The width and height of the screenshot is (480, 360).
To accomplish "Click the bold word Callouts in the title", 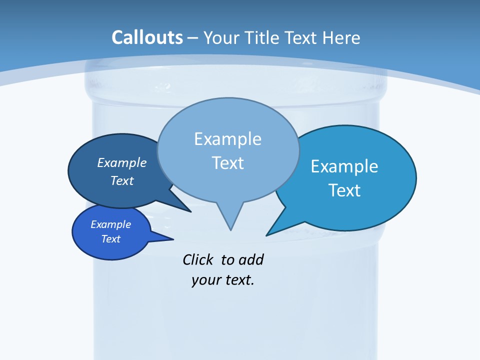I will point(147,37).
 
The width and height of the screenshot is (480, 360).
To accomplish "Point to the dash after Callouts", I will point(192,38).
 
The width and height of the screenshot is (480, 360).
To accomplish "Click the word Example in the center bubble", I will point(227,139).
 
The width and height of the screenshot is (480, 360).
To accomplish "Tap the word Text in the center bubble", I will point(227,163).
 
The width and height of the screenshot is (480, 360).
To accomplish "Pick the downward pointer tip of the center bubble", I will point(230,229).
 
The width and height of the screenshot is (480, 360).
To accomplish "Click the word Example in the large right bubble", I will point(344,166).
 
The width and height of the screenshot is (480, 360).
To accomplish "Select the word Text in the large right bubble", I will point(344,190).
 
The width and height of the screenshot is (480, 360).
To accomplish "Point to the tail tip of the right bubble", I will point(267,235).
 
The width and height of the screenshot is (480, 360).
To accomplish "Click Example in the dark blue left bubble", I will point(122,162).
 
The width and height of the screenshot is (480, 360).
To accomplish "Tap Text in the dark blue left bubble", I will point(122,180).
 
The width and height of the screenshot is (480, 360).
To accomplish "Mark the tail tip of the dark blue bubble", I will point(190,211).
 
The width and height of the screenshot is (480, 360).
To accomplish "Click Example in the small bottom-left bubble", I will point(110,224).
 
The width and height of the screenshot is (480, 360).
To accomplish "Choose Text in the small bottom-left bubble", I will point(110,239).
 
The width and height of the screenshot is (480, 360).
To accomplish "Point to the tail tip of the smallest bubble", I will point(173,239).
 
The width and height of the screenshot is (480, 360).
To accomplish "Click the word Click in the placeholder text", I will point(197,260).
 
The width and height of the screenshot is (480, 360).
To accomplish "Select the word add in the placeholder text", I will point(251,260).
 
